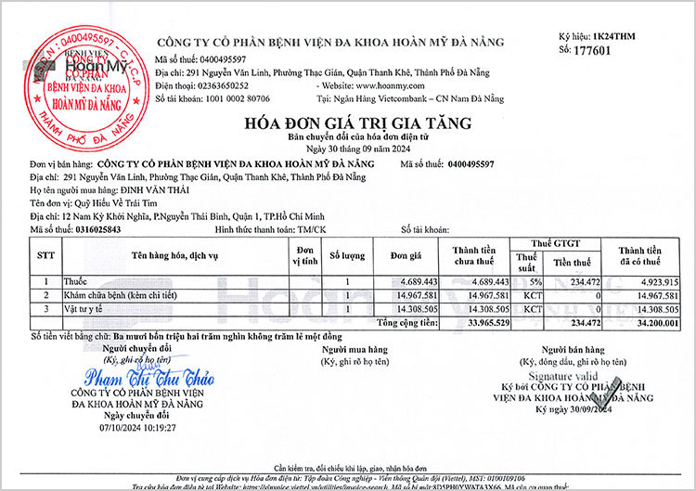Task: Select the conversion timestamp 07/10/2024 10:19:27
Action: coord(136,428)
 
